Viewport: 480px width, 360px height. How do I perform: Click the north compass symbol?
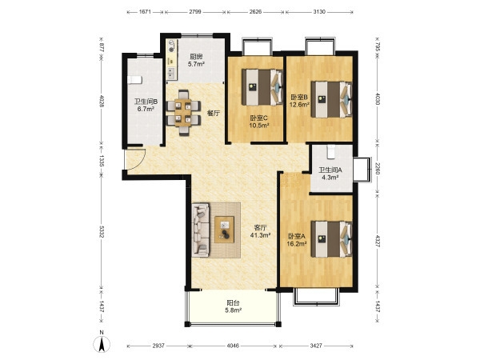point(102,344)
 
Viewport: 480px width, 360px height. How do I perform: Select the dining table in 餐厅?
point(183,113)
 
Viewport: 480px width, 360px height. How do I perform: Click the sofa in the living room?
point(201,230)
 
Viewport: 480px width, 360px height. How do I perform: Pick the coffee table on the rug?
point(224,230)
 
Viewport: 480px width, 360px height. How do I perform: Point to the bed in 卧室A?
point(331,239)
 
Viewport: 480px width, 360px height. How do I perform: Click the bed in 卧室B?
point(331,99)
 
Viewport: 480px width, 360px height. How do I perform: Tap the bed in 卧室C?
point(262,87)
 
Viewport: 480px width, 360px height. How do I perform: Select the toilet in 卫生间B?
point(134,79)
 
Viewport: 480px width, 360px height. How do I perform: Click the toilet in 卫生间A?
point(331,152)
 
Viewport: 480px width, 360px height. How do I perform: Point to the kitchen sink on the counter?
point(171,73)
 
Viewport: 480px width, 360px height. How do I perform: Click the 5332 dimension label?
point(102,232)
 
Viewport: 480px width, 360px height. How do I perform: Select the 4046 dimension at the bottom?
point(233,346)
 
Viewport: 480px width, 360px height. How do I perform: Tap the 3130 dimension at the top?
point(319,12)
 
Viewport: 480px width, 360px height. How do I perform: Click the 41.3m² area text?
point(261,235)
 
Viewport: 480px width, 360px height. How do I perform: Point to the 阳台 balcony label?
point(233,303)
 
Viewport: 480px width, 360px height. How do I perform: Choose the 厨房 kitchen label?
point(196,57)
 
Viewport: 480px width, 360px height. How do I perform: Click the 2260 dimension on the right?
point(378,168)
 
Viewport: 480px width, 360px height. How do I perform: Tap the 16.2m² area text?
point(297,244)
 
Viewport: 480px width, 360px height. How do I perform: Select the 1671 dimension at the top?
point(145,12)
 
